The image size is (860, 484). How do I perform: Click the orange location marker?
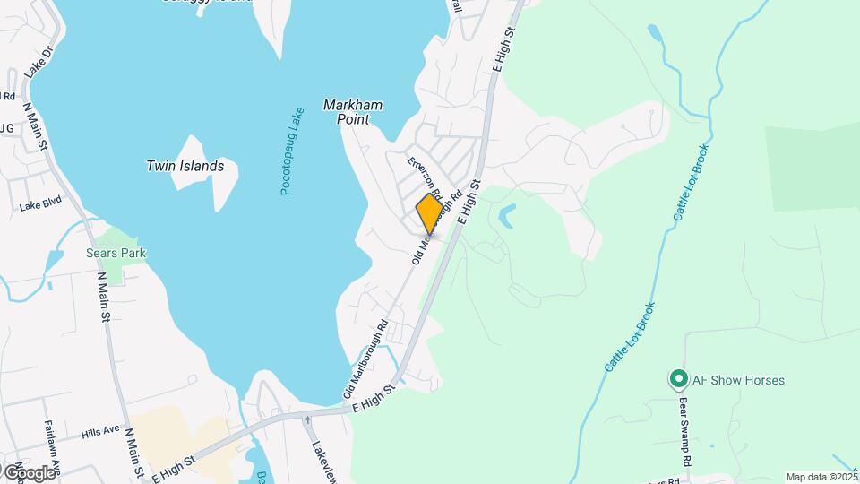coord(429,213)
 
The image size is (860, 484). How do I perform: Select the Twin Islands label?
coord(185,166)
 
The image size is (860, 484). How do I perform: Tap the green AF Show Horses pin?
coord(679,380)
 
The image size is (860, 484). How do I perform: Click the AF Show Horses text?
coord(739,380)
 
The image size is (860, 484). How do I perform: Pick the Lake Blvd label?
coord(39,206)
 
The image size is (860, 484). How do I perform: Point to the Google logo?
coord(30,472)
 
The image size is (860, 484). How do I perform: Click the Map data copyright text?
coord(821,477)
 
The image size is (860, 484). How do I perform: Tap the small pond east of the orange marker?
coord(508,214)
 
